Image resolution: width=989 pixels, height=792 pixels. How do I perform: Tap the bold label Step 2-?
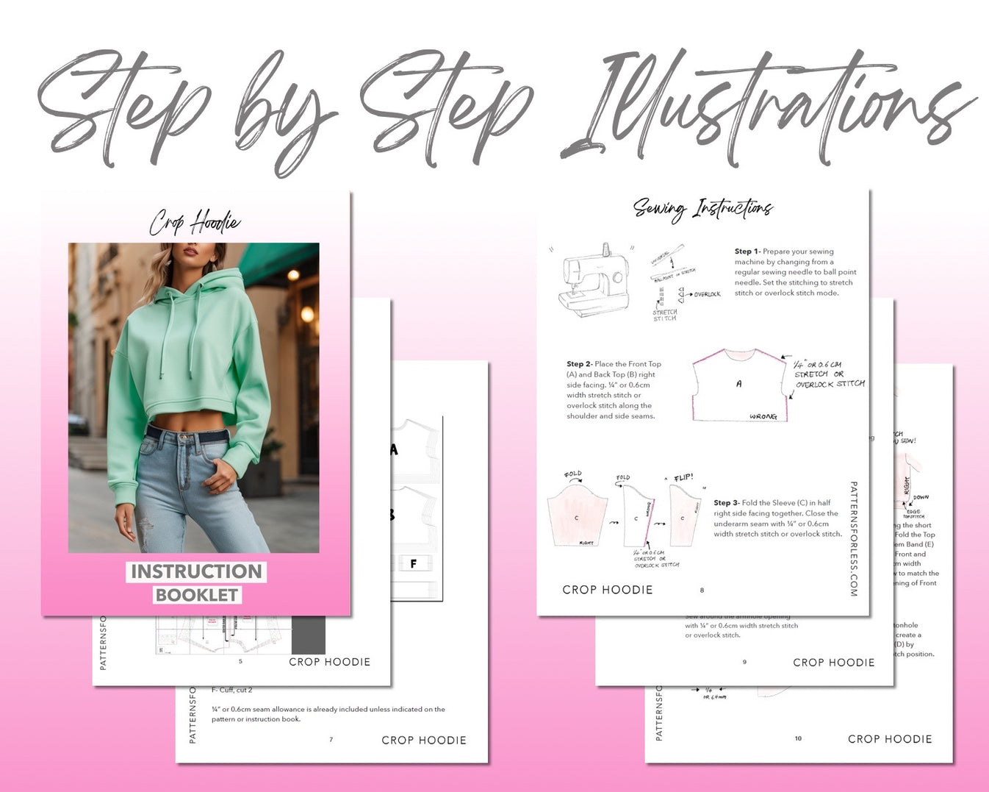pyautogui.click(x=579, y=364)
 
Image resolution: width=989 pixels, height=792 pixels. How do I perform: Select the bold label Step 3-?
pyautogui.click(x=726, y=503)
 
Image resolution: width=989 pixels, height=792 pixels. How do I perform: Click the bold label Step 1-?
pyautogui.click(x=747, y=251)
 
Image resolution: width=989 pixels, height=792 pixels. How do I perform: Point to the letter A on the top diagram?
pyautogui.click(x=738, y=383)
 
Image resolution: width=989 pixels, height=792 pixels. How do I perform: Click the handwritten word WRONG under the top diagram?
pyautogui.click(x=763, y=417)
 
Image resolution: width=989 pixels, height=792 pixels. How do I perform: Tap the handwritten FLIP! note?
pyautogui.click(x=683, y=478)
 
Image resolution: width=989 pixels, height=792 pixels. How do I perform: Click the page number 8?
pyautogui.click(x=702, y=590)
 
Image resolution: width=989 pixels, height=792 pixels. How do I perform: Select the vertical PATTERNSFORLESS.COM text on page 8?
pyautogui.click(x=853, y=538)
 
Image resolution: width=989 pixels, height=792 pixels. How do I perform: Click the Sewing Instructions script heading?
pyautogui.click(x=702, y=209)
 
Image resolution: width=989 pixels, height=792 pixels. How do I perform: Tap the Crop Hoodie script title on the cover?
pyautogui.click(x=195, y=221)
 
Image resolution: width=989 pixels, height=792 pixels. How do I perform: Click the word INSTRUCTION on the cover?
pyautogui.click(x=196, y=571)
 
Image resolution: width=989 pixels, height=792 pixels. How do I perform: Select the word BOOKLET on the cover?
pyautogui.click(x=197, y=595)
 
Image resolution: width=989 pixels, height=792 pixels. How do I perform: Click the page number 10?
pyautogui.click(x=798, y=738)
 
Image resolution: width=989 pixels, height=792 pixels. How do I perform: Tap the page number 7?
pyautogui.click(x=331, y=740)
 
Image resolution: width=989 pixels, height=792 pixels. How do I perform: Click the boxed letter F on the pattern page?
pyautogui.click(x=414, y=564)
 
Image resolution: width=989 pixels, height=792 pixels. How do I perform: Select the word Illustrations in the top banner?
pyautogui.click(x=764, y=107)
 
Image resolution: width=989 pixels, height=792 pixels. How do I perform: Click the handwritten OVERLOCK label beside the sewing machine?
pyautogui.click(x=707, y=295)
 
